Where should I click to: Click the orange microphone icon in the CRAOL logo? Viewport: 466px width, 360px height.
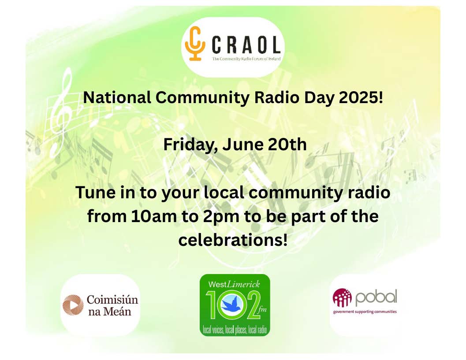(x=194, y=43)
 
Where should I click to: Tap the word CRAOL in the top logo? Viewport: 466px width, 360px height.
(x=246, y=45)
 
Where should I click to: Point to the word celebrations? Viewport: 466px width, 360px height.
(x=233, y=240)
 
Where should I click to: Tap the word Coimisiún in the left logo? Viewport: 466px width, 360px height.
(x=112, y=300)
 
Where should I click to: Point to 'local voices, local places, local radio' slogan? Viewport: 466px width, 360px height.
(x=235, y=329)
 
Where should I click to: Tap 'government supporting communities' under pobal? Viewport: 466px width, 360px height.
(x=365, y=312)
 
